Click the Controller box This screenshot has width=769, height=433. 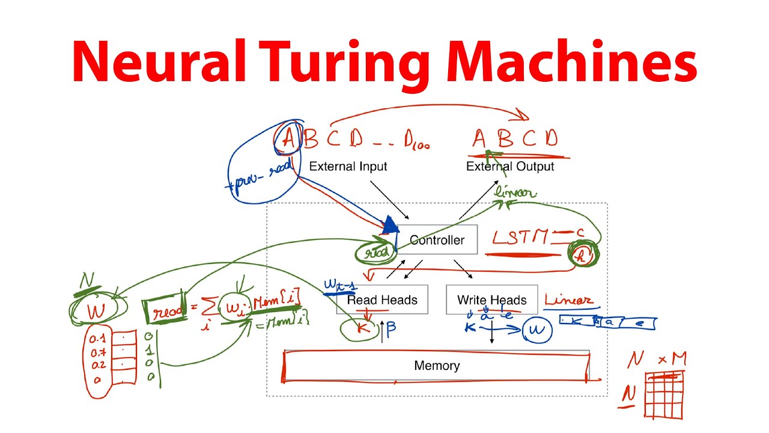(x=437, y=240)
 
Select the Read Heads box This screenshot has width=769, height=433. (x=382, y=299)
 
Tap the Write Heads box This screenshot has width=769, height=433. (x=491, y=299)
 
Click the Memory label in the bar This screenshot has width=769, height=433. (x=437, y=366)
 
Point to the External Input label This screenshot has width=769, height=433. (x=348, y=167)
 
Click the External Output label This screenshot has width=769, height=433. (x=510, y=167)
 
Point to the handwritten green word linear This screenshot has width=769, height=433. (x=515, y=194)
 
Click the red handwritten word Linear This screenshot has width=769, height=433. (x=568, y=300)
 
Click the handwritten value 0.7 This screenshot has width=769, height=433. (x=98, y=352)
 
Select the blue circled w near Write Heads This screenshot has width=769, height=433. (x=537, y=330)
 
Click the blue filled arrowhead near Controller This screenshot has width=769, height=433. (x=391, y=226)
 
